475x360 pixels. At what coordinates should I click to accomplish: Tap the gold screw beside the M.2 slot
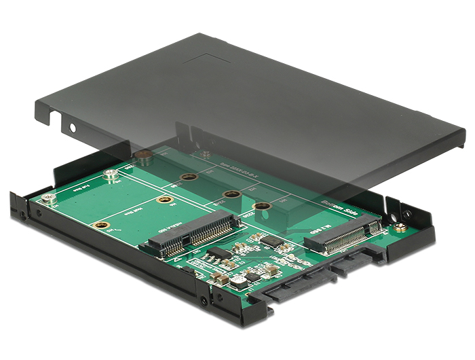click(x=402, y=228)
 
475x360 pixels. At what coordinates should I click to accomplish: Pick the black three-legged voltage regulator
click(x=218, y=253)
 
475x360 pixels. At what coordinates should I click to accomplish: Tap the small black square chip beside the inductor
click(x=252, y=276)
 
